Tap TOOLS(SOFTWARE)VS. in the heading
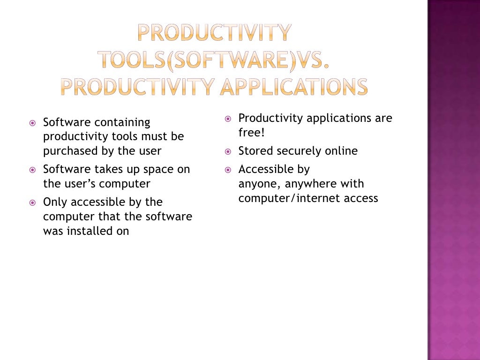coord(213,60)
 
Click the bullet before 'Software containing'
coord(32,123)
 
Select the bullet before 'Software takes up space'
coord(32,169)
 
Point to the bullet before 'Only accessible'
coord(32,202)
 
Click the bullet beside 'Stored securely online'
coord(228,151)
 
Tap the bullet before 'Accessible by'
coord(228,170)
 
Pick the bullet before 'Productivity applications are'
coord(228,119)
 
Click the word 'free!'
coord(252,133)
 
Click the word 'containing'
coord(122,122)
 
